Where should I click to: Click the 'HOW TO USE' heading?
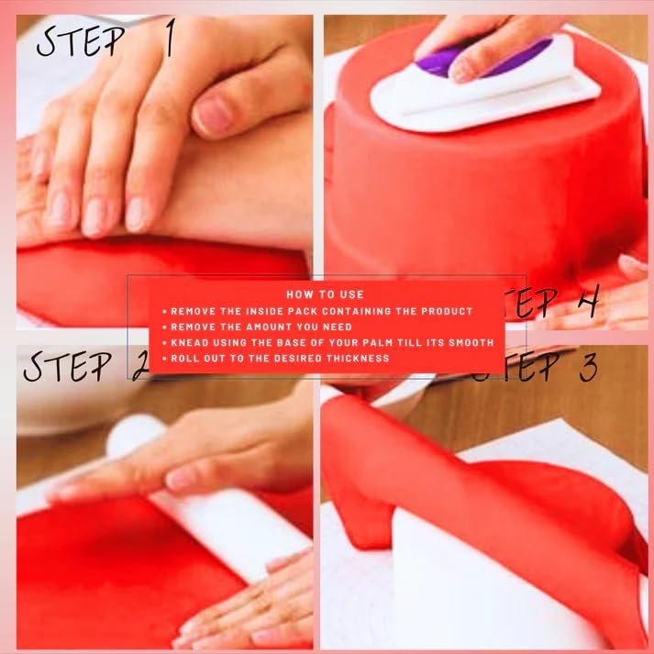325,294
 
